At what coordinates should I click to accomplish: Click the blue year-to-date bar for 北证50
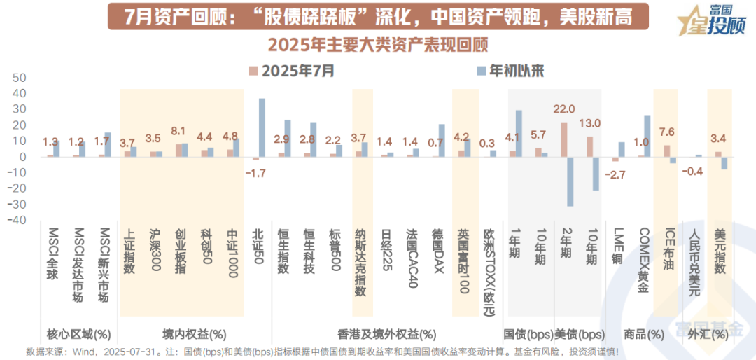[x=262, y=127]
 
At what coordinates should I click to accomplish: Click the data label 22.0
[x=564, y=109]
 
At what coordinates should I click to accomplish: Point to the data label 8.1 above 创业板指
[x=178, y=131]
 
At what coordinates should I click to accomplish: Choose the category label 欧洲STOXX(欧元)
[x=489, y=265]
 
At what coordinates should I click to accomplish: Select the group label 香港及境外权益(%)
[x=386, y=334]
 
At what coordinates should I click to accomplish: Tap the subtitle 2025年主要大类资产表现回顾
[x=378, y=44]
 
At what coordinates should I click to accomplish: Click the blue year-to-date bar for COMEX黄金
[x=647, y=136]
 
